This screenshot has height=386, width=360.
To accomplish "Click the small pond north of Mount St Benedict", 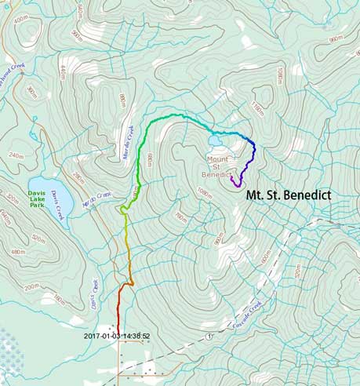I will [x=215, y=141].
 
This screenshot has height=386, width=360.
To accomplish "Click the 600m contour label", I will [x=265, y=260].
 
